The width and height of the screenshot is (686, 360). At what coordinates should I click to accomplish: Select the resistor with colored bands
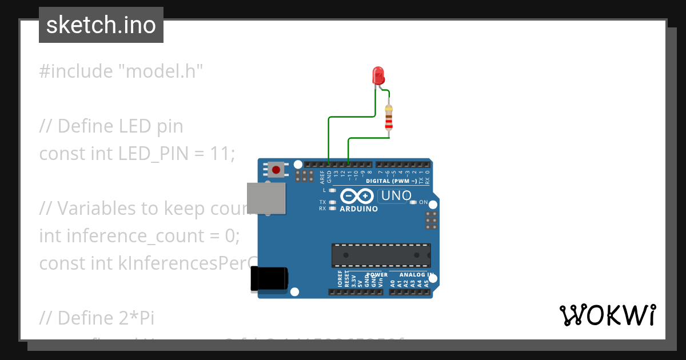coord(389,119)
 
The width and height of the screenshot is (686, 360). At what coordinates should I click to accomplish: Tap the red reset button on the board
coord(277,170)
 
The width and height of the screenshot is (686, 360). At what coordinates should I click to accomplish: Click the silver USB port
coord(266,198)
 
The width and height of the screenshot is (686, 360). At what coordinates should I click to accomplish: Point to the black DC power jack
coord(269,280)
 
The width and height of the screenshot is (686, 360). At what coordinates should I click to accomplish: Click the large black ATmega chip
coord(381,254)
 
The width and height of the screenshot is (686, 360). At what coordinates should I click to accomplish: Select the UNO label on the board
coord(394,196)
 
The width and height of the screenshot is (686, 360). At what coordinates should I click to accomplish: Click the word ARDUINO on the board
coord(359,209)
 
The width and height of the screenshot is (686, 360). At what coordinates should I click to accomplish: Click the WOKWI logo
coord(607,315)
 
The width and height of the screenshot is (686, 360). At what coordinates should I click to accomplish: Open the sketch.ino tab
coord(101,25)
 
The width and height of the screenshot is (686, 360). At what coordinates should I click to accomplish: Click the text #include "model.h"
coord(121,71)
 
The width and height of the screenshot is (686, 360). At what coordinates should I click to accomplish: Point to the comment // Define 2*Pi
coord(97,317)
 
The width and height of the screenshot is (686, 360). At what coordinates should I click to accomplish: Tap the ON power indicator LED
coord(413,202)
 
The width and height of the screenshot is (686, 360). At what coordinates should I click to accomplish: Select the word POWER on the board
coord(376,275)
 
